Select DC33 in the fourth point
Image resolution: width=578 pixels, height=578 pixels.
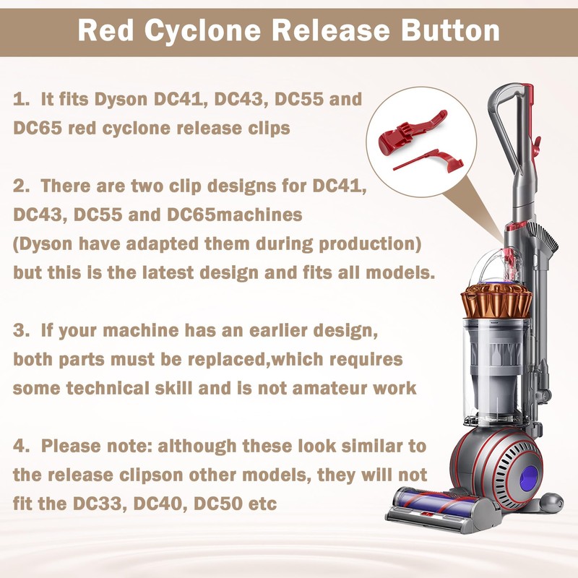(x=97, y=503)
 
